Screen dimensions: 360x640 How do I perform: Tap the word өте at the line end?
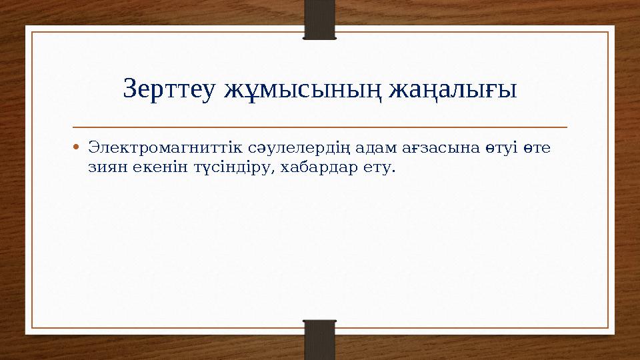coord(538,146)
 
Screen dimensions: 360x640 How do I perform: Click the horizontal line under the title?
coord(320,127)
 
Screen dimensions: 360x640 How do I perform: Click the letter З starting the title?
coord(130,89)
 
